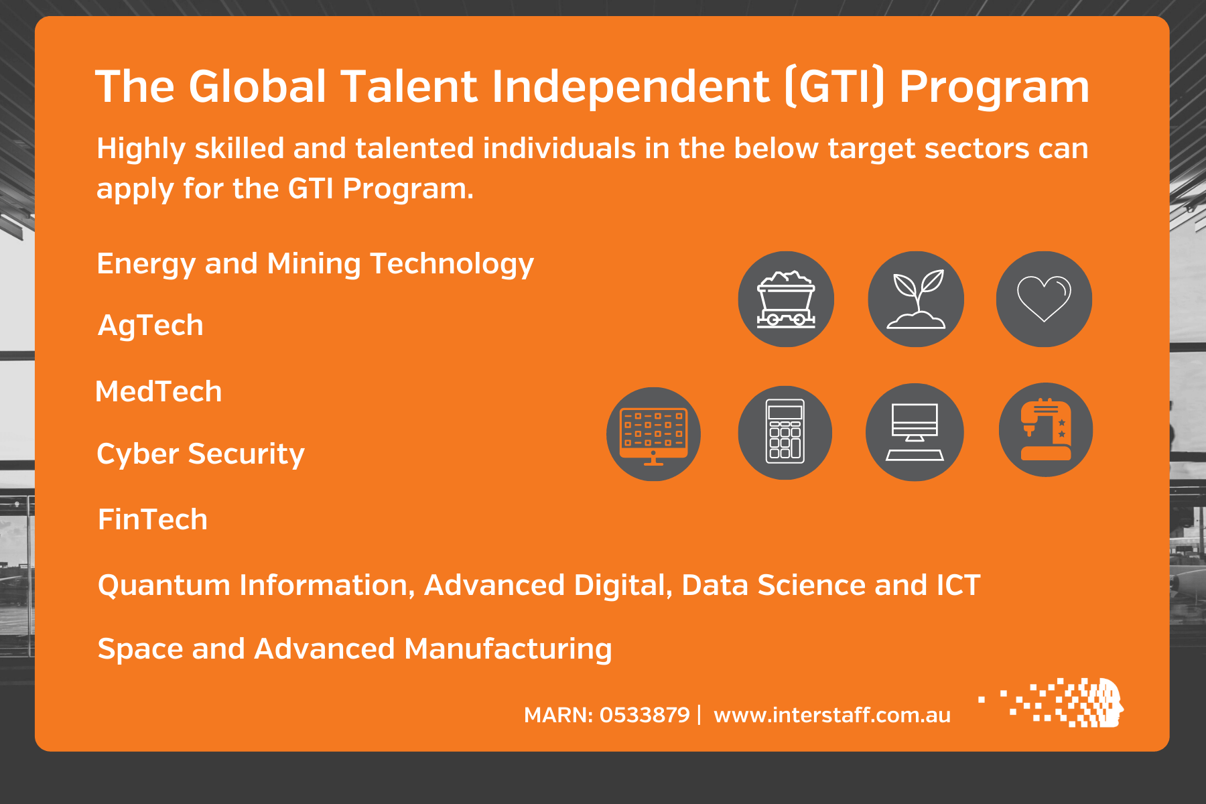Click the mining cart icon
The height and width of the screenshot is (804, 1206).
coord(786,299)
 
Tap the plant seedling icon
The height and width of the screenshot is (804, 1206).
coord(916,299)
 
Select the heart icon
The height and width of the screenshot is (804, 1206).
coord(1044,299)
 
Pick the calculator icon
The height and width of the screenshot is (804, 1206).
coord(785,432)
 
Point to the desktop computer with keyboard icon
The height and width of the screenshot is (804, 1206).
coord(915,432)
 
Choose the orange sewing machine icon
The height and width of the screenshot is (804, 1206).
coord(1046,429)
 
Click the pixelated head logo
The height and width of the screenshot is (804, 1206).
coord(1051,702)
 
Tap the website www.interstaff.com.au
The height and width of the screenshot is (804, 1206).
coord(832,715)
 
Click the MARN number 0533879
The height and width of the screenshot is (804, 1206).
coord(645,715)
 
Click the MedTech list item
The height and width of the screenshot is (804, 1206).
coord(159,391)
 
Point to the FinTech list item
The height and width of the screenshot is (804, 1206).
coord(153,519)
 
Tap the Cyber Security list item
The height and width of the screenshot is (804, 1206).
coord(201,454)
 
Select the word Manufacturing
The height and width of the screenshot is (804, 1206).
coord(509,649)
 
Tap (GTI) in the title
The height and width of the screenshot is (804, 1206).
coord(833,87)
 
